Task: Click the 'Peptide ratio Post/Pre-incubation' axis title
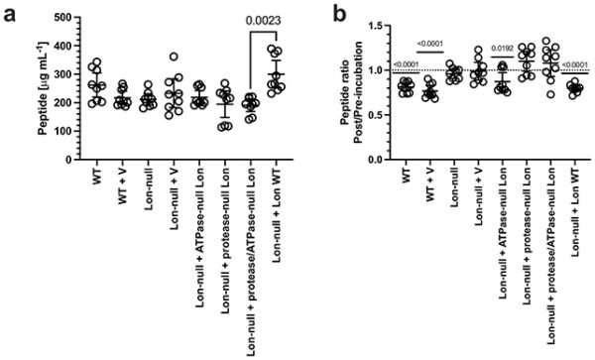coord(350,91)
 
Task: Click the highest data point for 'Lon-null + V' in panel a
coord(175,58)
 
